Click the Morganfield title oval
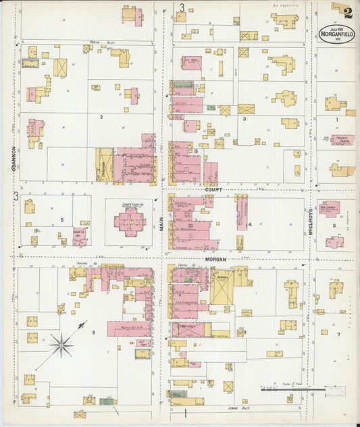(x=334, y=34)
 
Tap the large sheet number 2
(x=346, y=11)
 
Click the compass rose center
(x=61, y=346)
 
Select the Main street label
(x=162, y=223)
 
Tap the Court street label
(x=213, y=190)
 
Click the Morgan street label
(x=217, y=259)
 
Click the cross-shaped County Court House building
(x=129, y=220)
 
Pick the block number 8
(x=103, y=332)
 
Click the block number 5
(x=61, y=220)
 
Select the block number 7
(x=338, y=334)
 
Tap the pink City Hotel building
(x=191, y=63)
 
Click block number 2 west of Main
(x=101, y=117)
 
